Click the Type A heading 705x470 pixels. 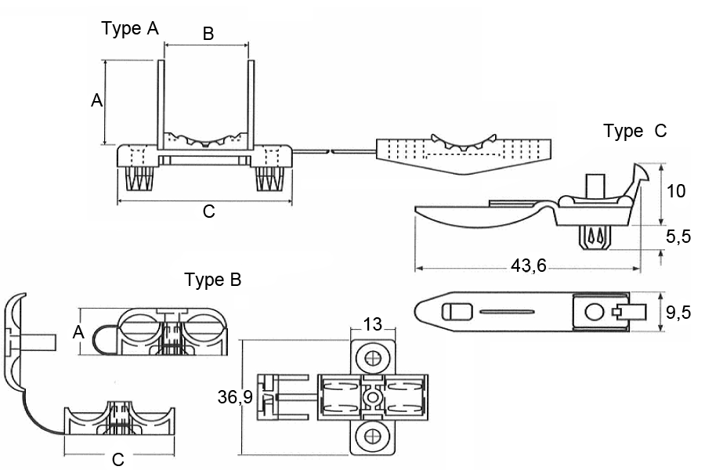pyautogui.click(x=130, y=29)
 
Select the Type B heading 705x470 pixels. pyautogui.click(x=212, y=280)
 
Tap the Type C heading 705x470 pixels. pyautogui.click(x=634, y=132)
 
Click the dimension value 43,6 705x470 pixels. pyautogui.click(x=528, y=266)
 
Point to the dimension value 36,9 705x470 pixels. pyautogui.click(x=234, y=398)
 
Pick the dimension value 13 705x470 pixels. pyautogui.click(x=373, y=324)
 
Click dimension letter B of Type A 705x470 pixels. pyautogui.click(x=208, y=34)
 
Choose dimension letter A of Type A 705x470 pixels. pyautogui.click(x=96, y=101)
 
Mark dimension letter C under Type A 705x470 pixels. pyautogui.click(x=208, y=211)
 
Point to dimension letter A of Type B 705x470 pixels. pyautogui.click(x=78, y=332)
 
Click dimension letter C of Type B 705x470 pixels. pyautogui.click(x=117, y=460)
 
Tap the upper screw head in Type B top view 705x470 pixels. pyautogui.click(x=374, y=357)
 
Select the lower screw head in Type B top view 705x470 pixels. pyautogui.click(x=373, y=435)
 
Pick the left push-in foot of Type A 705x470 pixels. pyautogui.click(x=139, y=179)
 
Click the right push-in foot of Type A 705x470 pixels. pyautogui.click(x=268, y=179)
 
